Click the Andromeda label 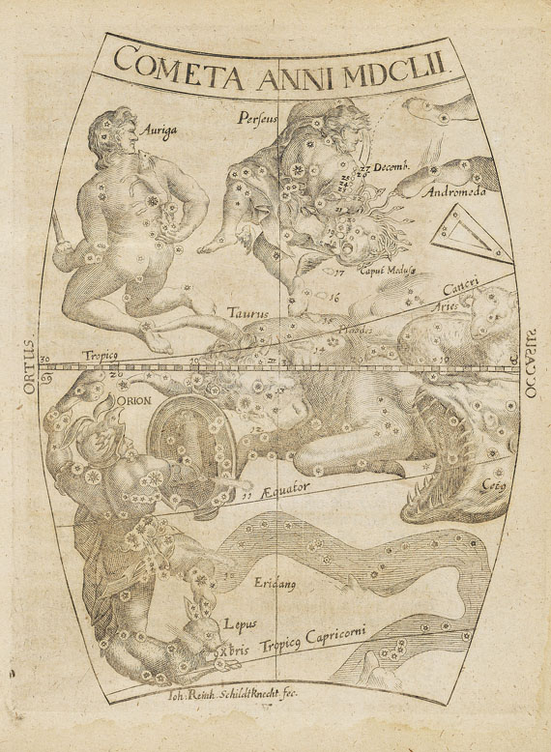[x=453, y=191]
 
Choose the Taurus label [x=247, y=312]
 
